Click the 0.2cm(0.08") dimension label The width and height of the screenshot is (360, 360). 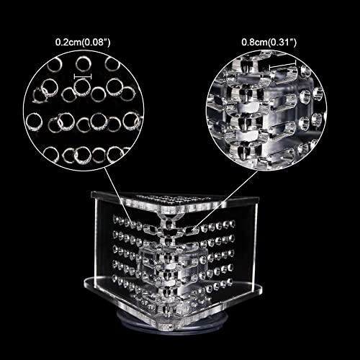tap(83, 42)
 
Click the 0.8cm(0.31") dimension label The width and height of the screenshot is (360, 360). tap(269, 42)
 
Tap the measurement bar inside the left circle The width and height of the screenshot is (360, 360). tap(83, 76)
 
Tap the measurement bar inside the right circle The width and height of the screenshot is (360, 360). tap(283, 65)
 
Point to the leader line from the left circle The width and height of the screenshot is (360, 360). tap(118, 196)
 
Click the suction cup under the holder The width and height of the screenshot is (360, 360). tap(172, 322)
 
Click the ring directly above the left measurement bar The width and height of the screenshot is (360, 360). tap(83, 64)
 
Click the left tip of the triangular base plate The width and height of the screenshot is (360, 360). tap(86, 284)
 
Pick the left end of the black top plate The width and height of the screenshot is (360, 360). tap(92, 194)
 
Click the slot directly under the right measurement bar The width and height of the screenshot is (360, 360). tap(283, 75)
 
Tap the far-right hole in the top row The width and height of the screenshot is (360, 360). tap(232, 223)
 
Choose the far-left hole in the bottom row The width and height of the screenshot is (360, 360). tap(115, 279)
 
